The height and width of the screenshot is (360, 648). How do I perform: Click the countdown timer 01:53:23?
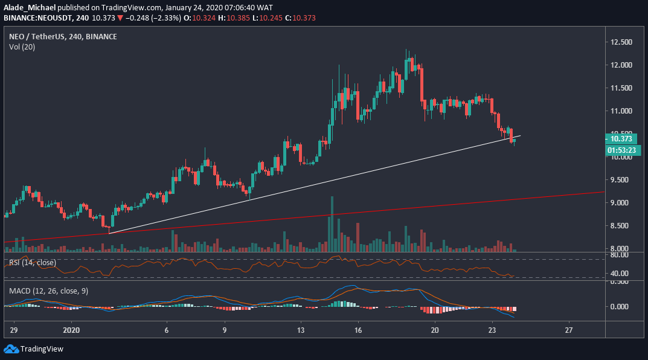619,149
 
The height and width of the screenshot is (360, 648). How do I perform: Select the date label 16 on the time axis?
358,331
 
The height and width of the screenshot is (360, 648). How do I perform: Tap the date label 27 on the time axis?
568,331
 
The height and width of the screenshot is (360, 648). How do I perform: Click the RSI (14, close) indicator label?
32,263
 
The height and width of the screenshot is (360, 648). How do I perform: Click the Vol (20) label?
22,47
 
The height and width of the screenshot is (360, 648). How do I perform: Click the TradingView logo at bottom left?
34,349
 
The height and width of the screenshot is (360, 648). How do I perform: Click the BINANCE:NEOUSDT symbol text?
37,18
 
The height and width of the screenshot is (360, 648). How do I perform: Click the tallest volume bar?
332,223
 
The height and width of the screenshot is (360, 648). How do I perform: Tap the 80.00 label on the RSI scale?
618,255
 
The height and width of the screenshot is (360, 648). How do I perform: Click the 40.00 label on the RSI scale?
618,274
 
